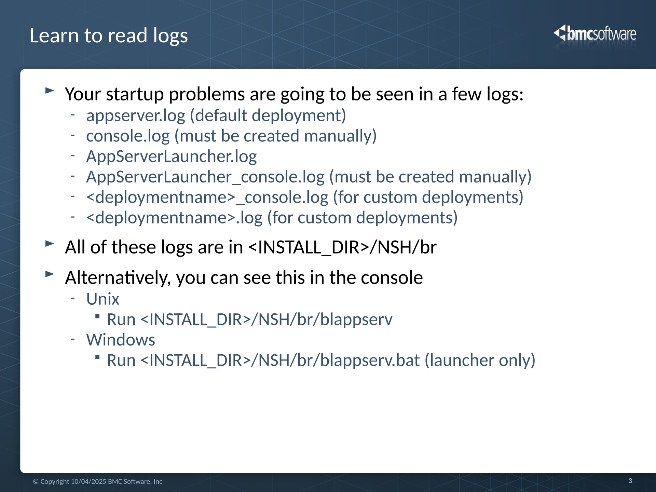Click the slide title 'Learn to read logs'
pyautogui.click(x=109, y=36)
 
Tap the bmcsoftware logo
pyautogui.click(x=595, y=34)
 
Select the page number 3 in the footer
pyautogui.click(x=630, y=481)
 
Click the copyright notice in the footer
pyautogui.click(x=98, y=481)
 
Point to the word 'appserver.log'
pyautogui.click(x=136, y=116)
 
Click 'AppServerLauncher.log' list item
pyautogui.click(x=172, y=157)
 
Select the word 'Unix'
pyautogui.click(x=102, y=299)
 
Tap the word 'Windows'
pyautogui.click(x=121, y=340)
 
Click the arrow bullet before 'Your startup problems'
pyautogui.click(x=50, y=91)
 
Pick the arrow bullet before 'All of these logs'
pyautogui.click(x=50, y=244)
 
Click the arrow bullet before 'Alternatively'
pyautogui.click(x=50, y=274)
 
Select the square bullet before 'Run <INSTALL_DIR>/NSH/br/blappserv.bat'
pyautogui.click(x=97, y=357)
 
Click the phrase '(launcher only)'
pyautogui.click(x=480, y=360)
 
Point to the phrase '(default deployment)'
pyautogui.click(x=268, y=115)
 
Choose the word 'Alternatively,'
pyautogui.click(x=118, y=277)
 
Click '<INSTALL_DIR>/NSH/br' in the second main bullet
pyautogui.click(x=342, y=247)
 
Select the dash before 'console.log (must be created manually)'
pyautogui.click(x=72, y=135)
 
